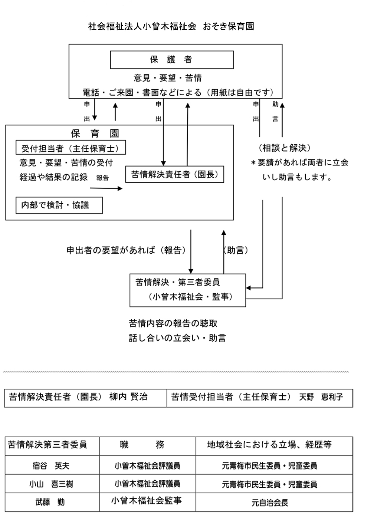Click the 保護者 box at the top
[171, 60]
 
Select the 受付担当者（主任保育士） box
[70, 148]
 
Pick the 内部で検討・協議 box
[59, 205]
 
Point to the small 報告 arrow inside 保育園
[106, 188]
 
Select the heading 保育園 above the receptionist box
[95, 133]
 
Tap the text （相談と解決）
[285, 148]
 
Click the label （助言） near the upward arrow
[236, 250]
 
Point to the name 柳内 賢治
[128, 397]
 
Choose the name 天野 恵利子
[321, 397]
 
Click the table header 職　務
[142, 445]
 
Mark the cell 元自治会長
[270, 503]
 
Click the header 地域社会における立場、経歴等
[269, 445]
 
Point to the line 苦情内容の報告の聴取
[173, 323]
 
